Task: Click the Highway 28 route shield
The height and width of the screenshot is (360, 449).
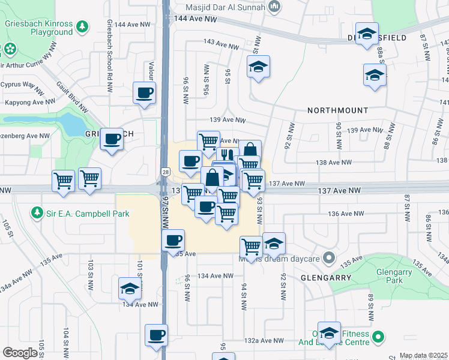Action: click(164, 172)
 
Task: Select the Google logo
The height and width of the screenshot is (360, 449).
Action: click(20, 352)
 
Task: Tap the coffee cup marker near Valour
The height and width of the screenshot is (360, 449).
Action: click(145, 94)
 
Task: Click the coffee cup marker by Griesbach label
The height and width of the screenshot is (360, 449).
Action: click(112, 140)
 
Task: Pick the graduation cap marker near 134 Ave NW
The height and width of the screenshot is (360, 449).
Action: click(129, 289)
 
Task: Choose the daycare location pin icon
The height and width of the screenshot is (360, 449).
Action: click(328, 259)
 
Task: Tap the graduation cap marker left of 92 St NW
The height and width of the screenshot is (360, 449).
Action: click(274, 243)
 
